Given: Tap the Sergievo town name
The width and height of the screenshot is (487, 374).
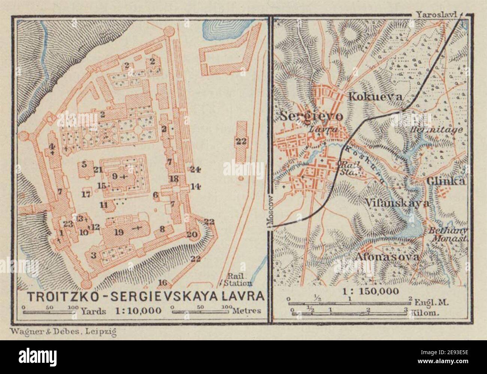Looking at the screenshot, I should pos(311,116).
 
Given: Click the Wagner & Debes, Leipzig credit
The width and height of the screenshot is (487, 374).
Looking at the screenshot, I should pos(58,331).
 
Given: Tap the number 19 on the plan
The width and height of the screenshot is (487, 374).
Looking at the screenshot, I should pos(120,232).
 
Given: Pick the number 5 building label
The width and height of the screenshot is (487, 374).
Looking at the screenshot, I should pos(84,164).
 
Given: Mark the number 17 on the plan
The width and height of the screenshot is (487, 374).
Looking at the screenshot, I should pos(86,194).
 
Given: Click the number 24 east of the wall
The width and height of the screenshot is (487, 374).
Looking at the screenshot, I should pos(194,169).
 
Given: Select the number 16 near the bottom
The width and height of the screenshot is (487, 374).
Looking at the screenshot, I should pos(162,282).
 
